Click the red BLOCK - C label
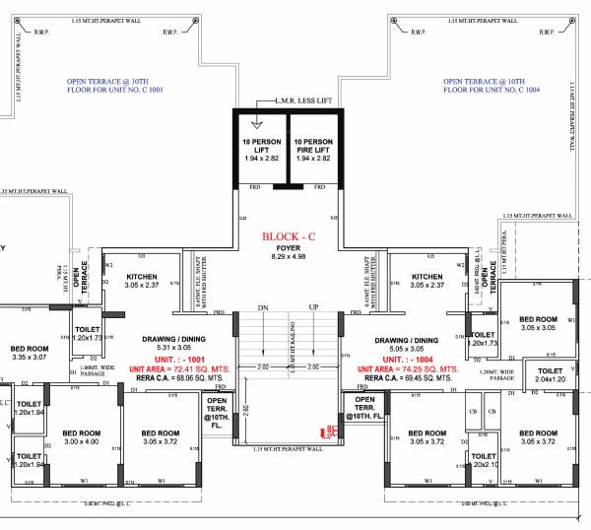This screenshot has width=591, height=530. click(289, 237)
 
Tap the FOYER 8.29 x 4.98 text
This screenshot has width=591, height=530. click(289, 253)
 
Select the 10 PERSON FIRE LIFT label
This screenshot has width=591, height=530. click(313, 150)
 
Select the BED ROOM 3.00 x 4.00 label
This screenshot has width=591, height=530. click(82, 436)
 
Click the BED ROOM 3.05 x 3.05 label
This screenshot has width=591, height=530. click(538, 323)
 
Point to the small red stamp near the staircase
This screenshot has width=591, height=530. click(332, 431)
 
